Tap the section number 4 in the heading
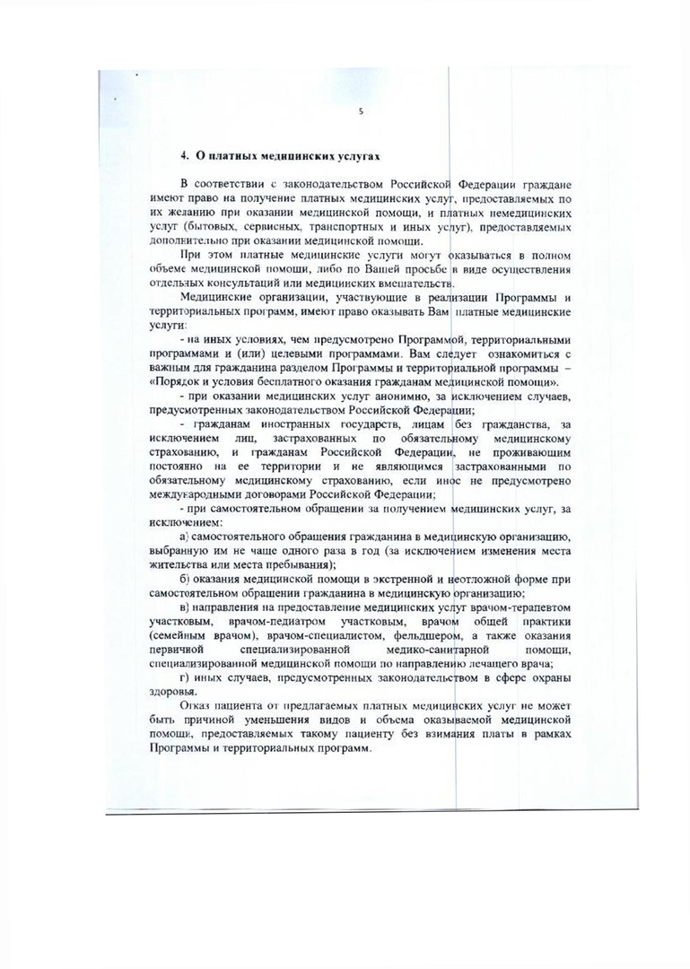pos(185,156)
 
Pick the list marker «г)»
pos(185,678)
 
